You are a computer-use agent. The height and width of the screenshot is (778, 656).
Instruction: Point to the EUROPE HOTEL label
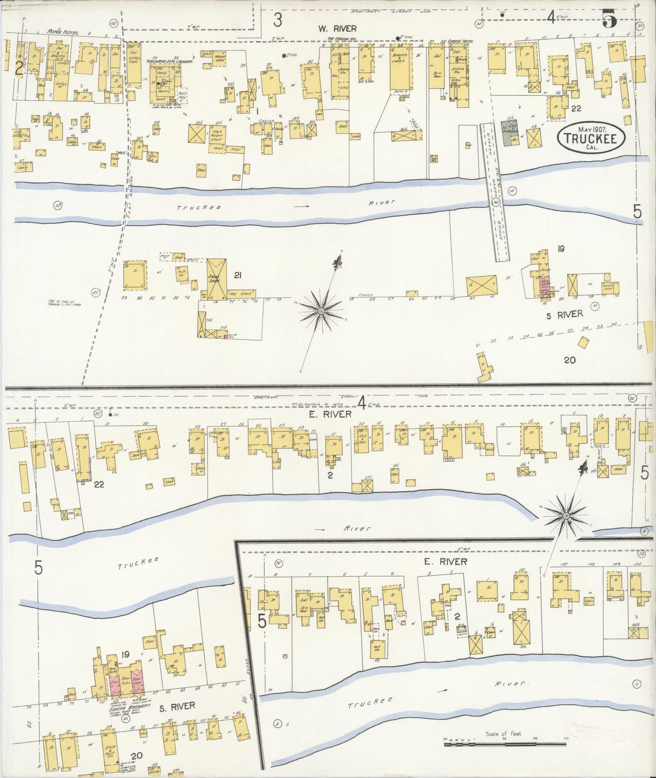[460, 41]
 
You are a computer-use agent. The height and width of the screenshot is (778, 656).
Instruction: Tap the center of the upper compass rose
[321, 311]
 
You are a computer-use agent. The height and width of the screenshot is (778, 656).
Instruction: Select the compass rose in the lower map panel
[566, 516]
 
